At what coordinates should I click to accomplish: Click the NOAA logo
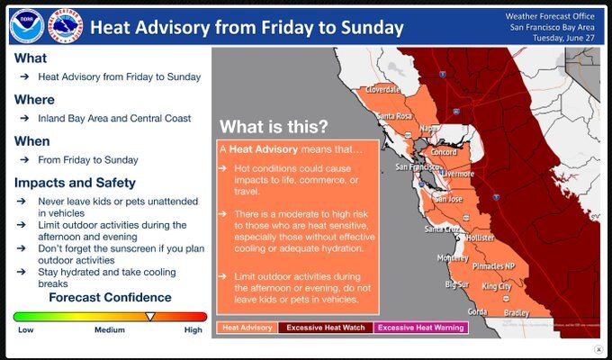(26, 27)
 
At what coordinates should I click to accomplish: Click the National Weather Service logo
(66, 27)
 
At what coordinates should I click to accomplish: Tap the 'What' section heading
(31, 58)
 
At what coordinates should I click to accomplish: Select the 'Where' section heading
(34, 100)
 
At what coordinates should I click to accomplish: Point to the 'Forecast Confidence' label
(110, 297)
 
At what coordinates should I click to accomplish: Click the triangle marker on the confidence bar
(150, 316)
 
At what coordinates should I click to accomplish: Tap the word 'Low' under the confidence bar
(25, 330)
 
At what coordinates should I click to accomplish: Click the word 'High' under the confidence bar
(193, 330)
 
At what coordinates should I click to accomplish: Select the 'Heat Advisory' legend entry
(247, 328)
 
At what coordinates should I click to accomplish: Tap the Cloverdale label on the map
(382, 91)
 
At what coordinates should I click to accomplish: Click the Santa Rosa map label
(394, 116)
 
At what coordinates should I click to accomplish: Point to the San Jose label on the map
(448, 198)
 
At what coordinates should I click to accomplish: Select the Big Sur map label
(457, 284)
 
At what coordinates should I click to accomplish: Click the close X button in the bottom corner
(598, 349)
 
